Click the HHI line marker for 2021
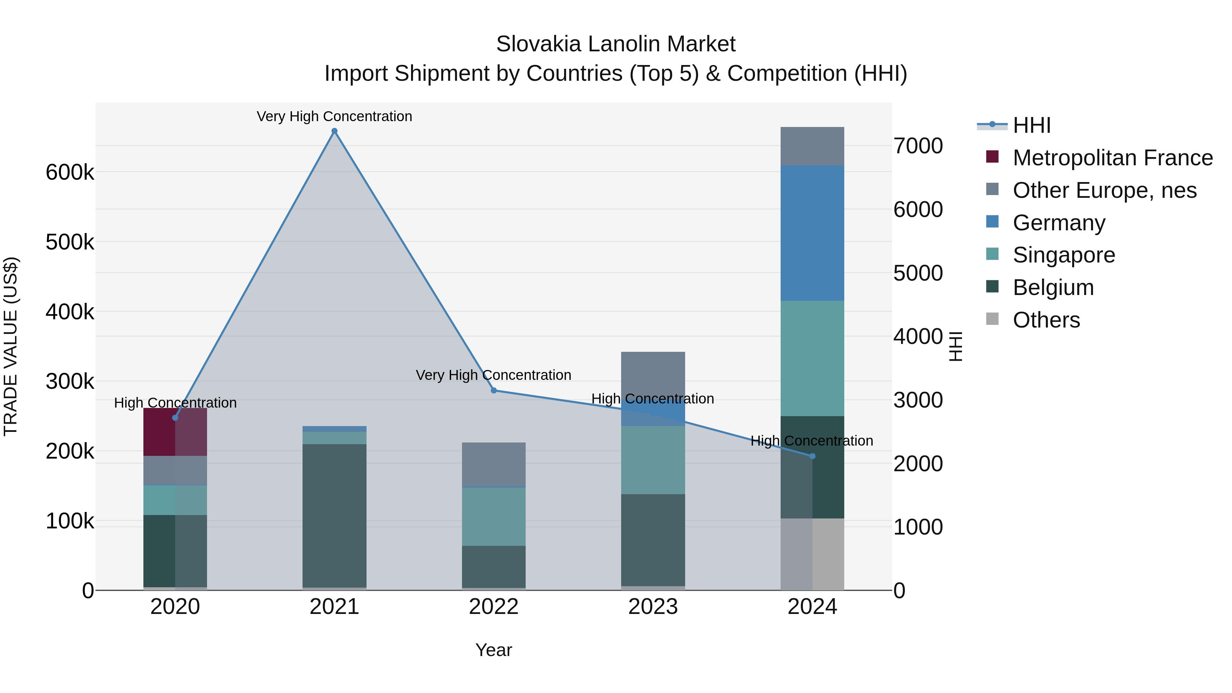point(334,131)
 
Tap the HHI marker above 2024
point(812,456)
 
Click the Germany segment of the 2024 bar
point(812,233)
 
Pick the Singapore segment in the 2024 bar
point(812,358)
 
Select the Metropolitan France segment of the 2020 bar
point(175,432)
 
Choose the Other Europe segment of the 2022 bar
point(493,464)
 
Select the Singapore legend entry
point(1064,255)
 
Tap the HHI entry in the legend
point(1031,125)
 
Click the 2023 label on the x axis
point(653,607)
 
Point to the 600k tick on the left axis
point(70,172)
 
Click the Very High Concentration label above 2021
point(334,116)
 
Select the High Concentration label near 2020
point(175,403)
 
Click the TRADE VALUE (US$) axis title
point(11,346)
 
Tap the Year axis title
point(493,650)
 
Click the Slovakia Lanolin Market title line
point(616,44)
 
